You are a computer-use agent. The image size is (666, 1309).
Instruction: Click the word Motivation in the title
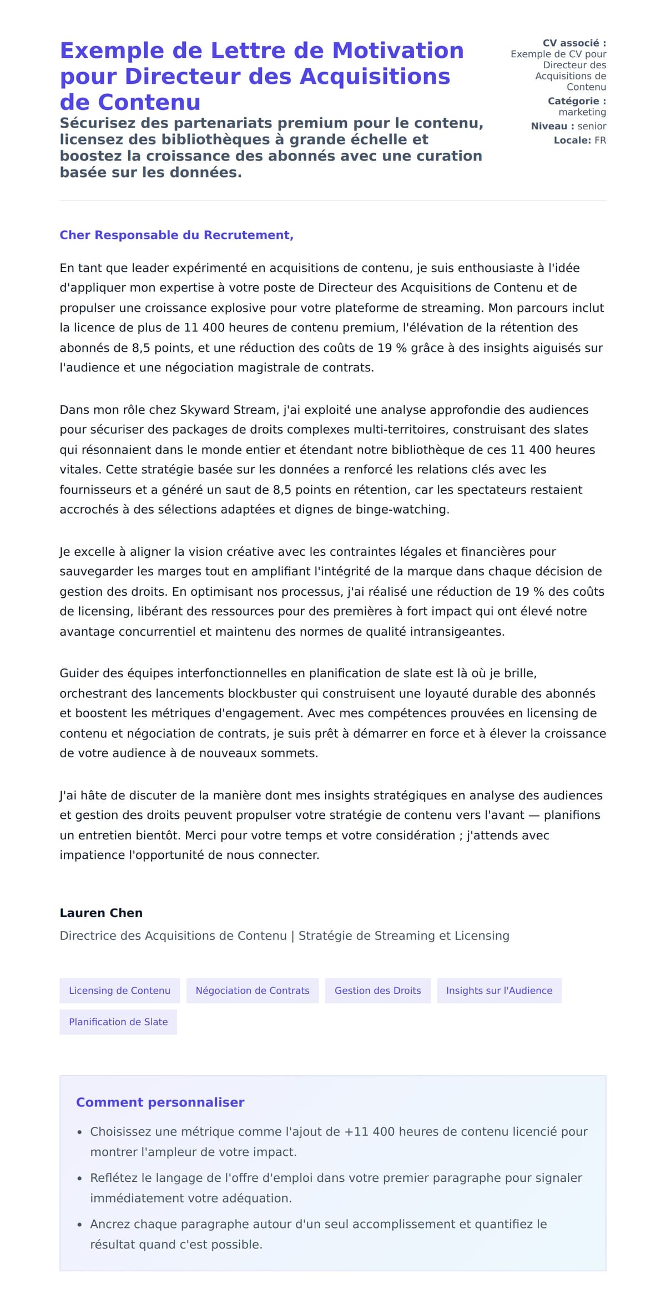[397, 51]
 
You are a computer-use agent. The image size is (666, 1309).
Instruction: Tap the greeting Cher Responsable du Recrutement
[176, 235]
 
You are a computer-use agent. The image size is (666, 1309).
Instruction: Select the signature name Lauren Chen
[101, 913]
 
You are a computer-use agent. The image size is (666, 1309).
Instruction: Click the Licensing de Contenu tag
[119, 990]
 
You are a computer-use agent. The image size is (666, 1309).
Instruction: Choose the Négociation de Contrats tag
[253, 990]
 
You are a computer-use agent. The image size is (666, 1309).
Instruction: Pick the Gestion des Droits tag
[377, 990]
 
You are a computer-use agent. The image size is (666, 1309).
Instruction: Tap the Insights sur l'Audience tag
[499, 990]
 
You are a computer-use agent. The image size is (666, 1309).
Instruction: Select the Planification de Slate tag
[118, 1021]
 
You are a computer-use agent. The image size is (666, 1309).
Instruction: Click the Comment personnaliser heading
[160, 1102]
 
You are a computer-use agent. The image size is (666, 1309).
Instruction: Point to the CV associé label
[574, 43]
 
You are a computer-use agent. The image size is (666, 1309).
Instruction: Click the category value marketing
[582, 112]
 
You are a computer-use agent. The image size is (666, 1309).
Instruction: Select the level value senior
[592, 126]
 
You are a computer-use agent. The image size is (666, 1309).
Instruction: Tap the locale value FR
[600, 140]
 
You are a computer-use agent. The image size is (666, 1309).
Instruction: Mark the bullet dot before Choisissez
[79, 1132]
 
